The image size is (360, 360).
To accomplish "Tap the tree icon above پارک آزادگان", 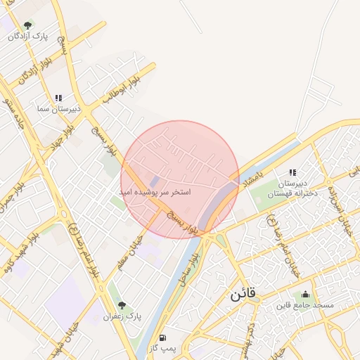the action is [x=27, y=25].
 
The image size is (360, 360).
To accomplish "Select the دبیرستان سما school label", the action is [x=60, y=109].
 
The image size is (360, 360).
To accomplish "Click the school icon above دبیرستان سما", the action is [x=59, y=98].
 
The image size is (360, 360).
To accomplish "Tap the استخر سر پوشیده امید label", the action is [x=155, y=191].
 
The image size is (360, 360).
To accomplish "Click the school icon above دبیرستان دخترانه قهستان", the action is [x=292, y=173].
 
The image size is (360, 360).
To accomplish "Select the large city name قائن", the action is [x=243, y=294].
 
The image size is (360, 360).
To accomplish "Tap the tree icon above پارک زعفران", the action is [x=122, y=306].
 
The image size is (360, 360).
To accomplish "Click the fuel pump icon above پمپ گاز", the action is [x=163, y=337].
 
